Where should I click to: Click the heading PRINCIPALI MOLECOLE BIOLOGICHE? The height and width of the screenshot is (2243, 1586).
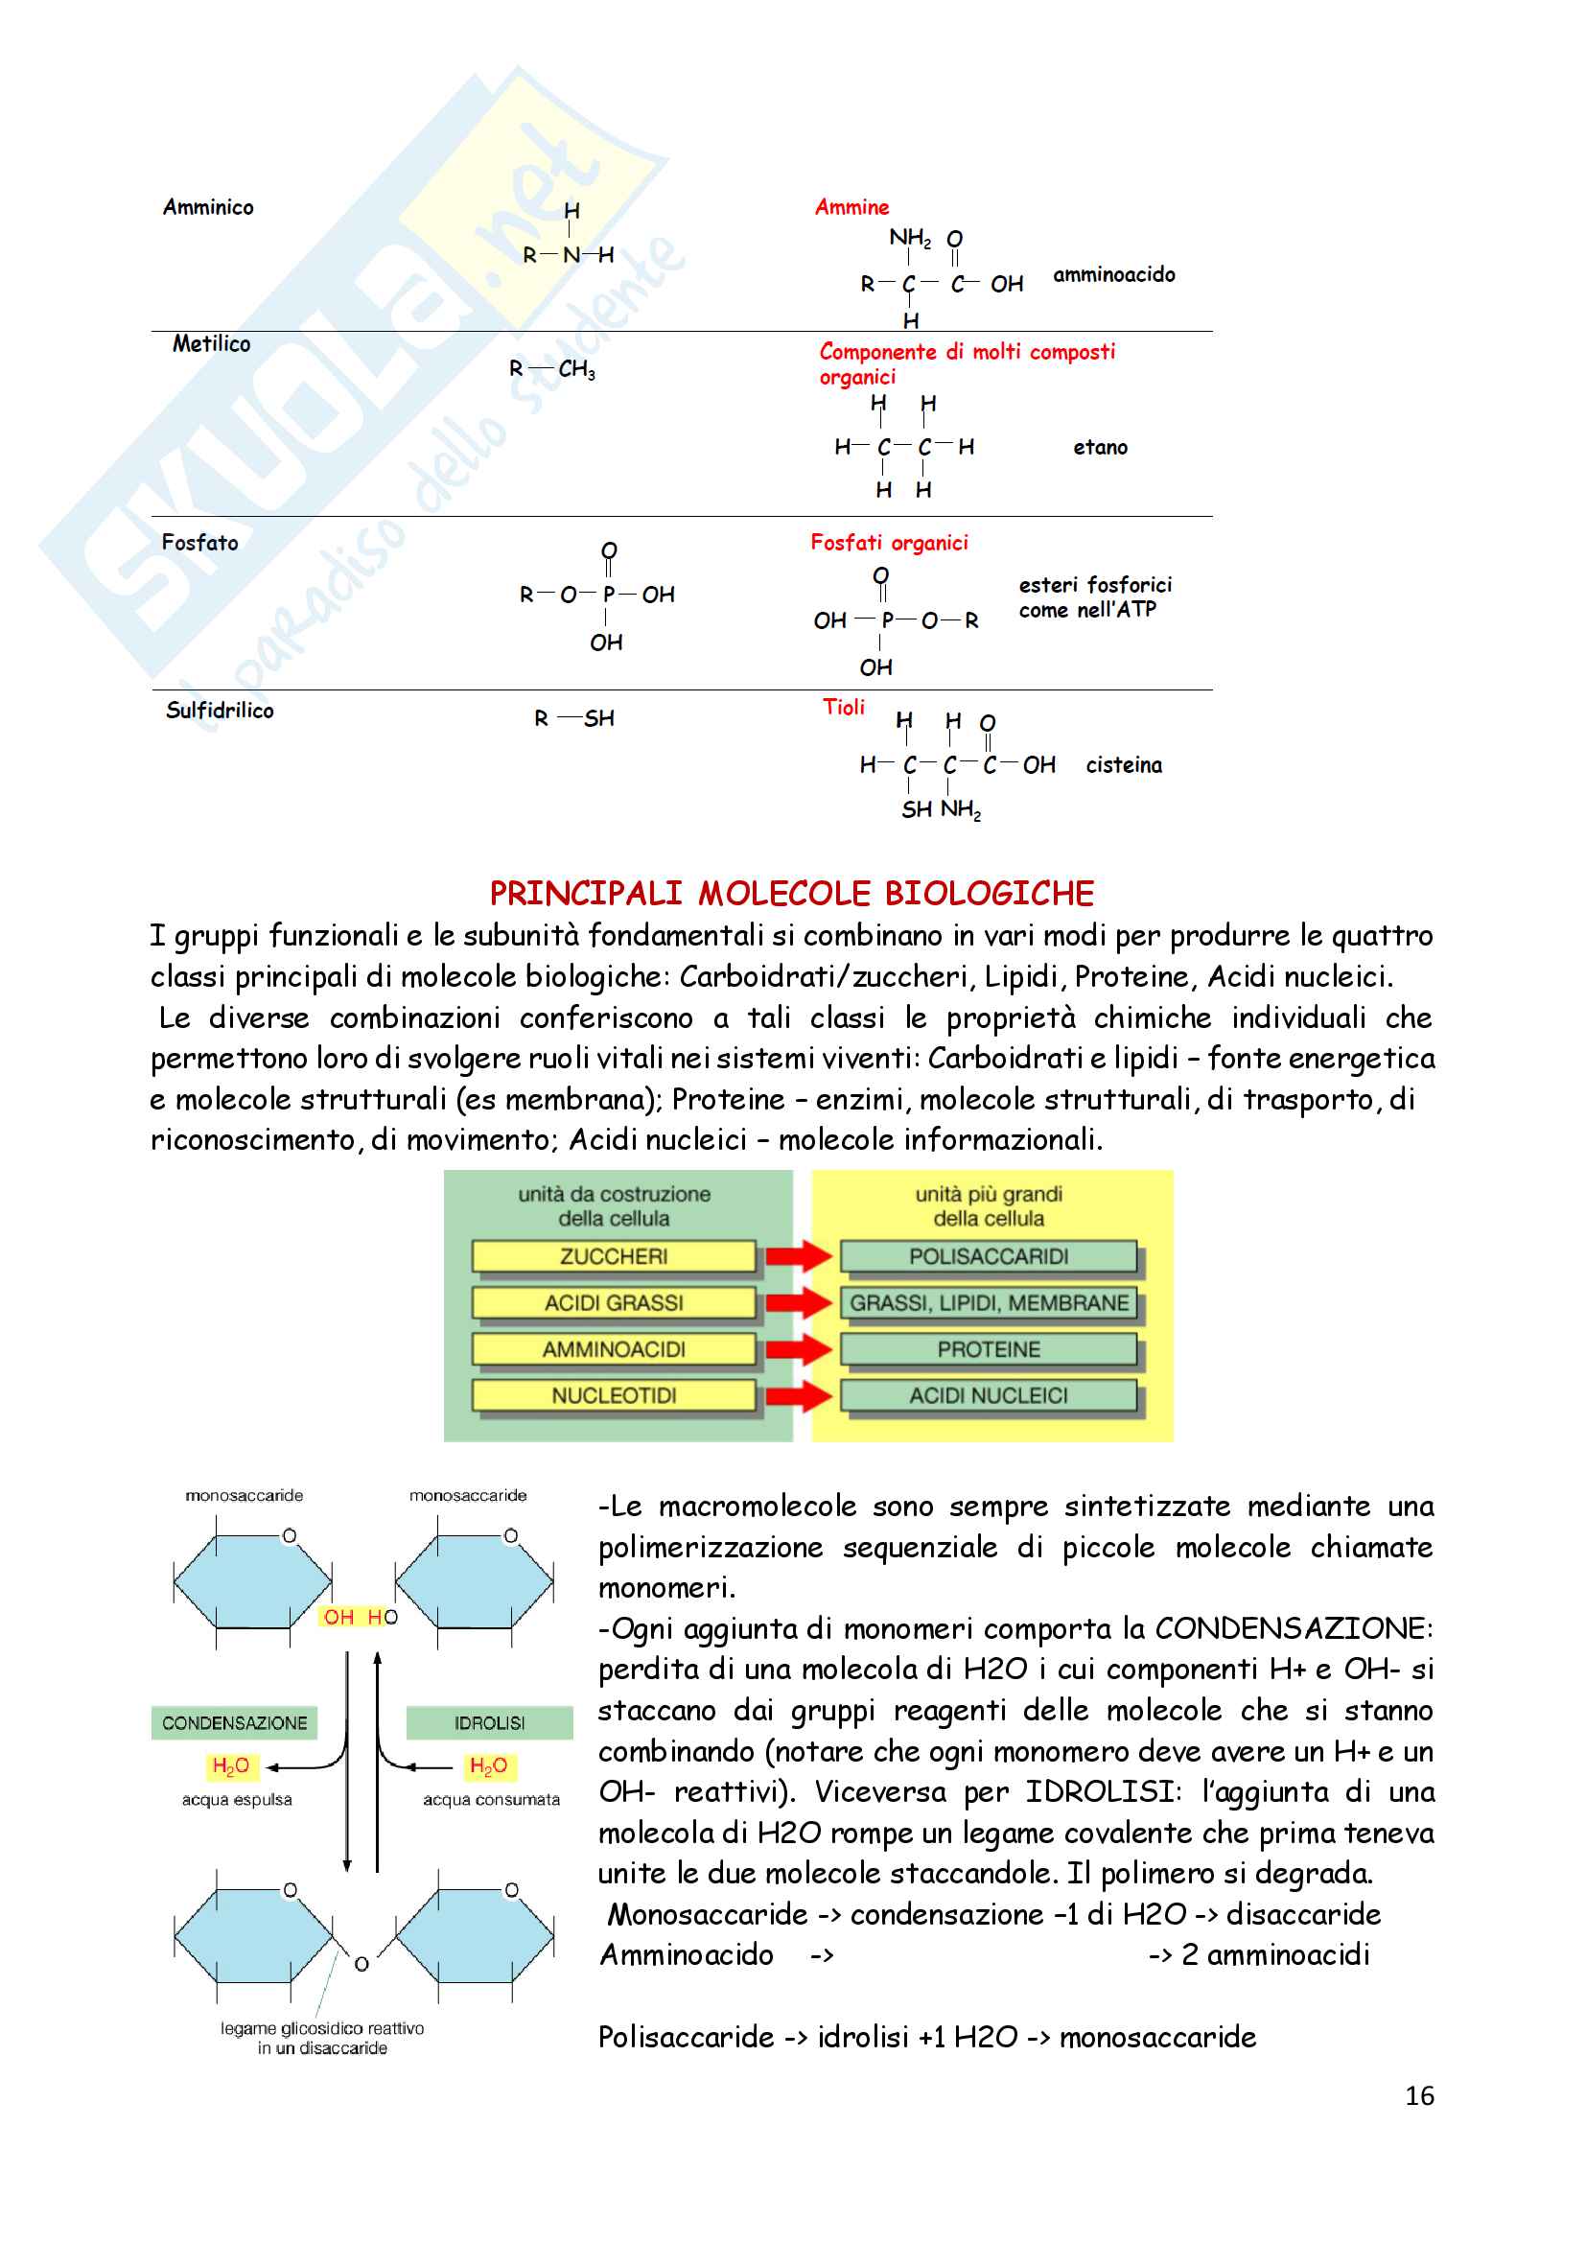coord(791,893)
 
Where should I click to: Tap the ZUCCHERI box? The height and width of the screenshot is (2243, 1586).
coord(614,1256)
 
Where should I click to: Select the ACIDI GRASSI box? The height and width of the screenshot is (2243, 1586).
coord(614,1302)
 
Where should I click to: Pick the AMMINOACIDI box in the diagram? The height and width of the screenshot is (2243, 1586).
coord(614,1349)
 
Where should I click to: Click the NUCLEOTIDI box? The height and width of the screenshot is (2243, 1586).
coord(614,1395)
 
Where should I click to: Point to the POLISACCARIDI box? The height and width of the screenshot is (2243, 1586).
coord(989,1256)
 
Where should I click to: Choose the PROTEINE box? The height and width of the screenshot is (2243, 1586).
coord(989,1349)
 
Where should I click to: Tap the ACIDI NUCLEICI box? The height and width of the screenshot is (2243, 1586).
coord(989,1395)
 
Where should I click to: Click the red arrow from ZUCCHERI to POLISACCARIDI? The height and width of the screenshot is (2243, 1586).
coord(798,1255)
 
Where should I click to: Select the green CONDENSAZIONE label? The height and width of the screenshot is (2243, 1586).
coord(234,1722)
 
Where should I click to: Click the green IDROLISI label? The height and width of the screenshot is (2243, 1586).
coord(489,1722)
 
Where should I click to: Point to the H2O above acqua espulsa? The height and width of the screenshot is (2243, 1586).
coord(230,1765)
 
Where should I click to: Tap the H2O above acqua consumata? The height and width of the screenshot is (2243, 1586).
coord(488,1765)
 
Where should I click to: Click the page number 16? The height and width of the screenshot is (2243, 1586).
coord(1419,2095)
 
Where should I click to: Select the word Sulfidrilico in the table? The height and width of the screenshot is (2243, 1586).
coord(220,711)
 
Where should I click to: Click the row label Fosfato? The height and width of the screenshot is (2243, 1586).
coord(200,542)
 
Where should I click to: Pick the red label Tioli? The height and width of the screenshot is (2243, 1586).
coord(844,707)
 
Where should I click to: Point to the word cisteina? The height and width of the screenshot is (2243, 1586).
coord(1124,765)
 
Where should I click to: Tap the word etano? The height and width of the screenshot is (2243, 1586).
coord(1101,448)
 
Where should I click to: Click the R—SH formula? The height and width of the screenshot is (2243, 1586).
coord(574,718)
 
